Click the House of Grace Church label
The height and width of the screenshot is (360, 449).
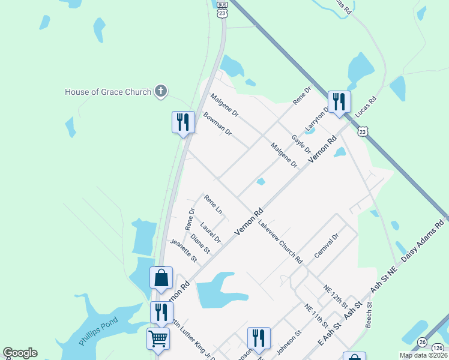[107, 92]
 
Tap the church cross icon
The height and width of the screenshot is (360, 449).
[160, 92]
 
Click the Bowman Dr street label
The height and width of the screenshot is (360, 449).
[217, 124]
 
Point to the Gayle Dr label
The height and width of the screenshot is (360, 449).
[301, 145]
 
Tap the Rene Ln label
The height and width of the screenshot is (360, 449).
[213, 205]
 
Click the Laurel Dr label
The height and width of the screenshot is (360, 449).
[211, 233]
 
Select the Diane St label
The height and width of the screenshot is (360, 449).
[200, 243]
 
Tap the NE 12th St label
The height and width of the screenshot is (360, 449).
[334, 296]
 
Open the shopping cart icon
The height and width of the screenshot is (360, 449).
[158, 338]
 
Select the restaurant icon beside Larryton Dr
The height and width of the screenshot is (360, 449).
[339, 101]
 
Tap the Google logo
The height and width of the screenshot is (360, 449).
[20, 353]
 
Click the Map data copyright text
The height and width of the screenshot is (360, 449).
[423, 355]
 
